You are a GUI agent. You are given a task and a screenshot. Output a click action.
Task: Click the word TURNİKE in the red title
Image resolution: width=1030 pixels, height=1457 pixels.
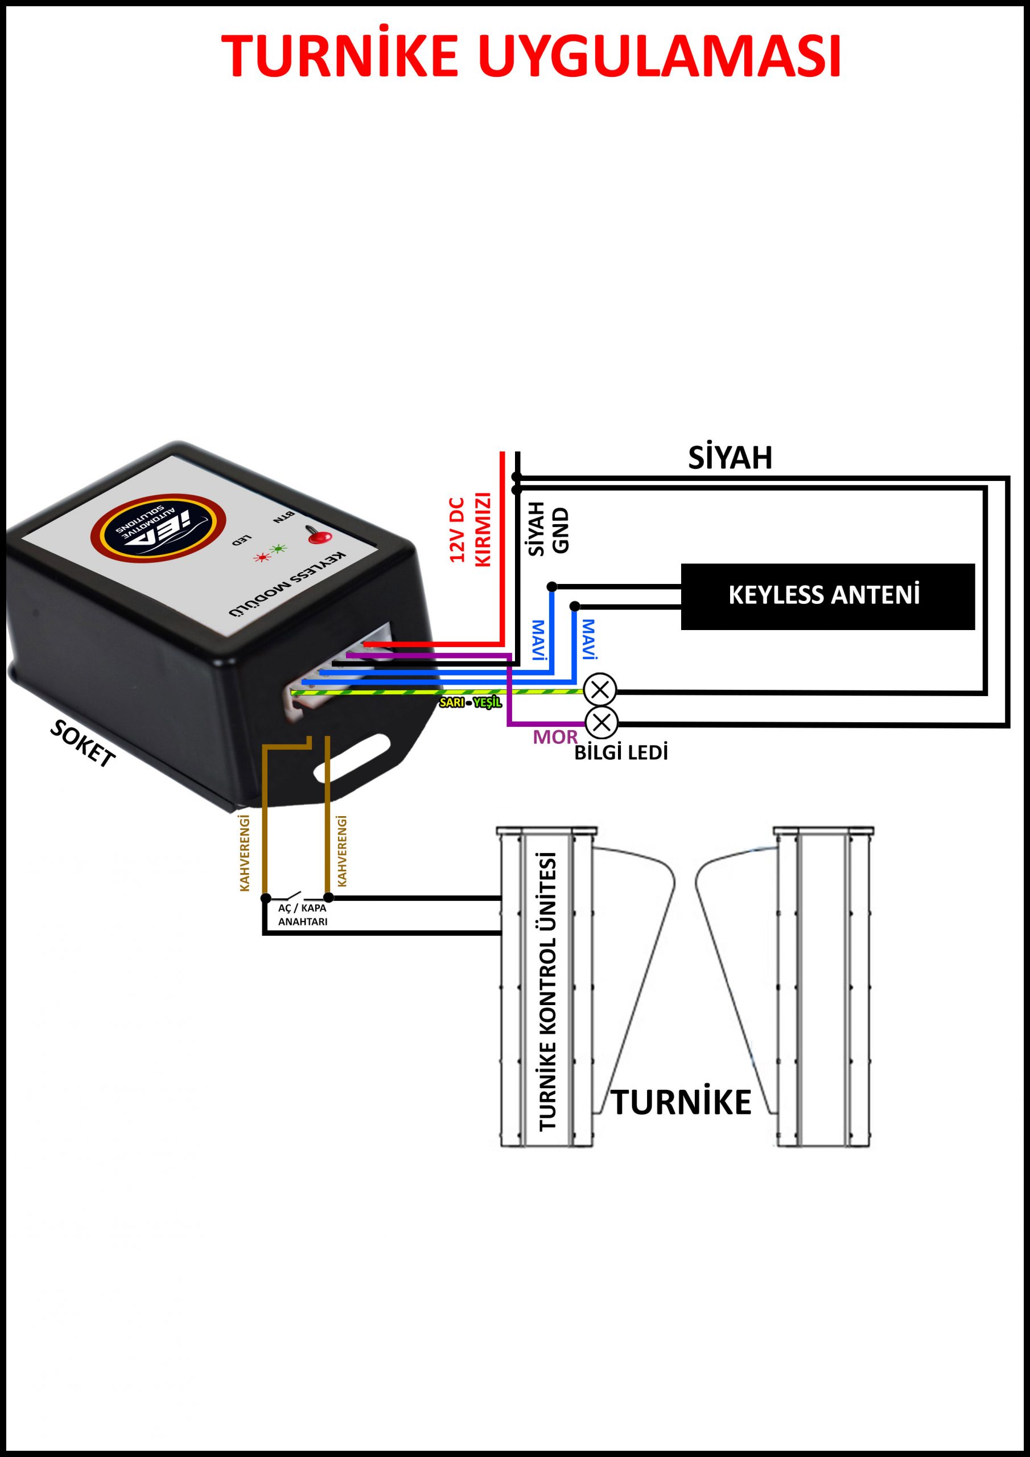point(340,56)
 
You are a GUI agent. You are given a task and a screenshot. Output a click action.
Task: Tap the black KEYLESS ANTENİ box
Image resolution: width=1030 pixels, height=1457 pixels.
point(827,596)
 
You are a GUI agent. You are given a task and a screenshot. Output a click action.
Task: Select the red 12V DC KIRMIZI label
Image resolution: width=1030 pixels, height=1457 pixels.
point(470,529)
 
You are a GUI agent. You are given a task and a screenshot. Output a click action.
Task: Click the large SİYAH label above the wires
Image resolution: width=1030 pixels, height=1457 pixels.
point(730,458)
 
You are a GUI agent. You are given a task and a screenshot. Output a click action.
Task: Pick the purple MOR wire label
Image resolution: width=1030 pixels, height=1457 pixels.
point(555,736)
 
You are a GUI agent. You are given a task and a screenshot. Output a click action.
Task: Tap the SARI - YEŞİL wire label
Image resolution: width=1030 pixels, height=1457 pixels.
point(470,702)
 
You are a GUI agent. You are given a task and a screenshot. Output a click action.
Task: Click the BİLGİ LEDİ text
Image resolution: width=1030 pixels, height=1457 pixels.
point(621,753)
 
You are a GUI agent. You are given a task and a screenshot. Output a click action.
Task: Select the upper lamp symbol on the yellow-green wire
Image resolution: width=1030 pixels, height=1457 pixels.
point(600,689)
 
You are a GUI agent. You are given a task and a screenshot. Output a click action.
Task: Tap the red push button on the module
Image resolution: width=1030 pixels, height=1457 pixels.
point(320,537)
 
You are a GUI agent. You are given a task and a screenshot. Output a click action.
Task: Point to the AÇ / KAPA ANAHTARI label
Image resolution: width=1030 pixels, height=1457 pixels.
point(303,915)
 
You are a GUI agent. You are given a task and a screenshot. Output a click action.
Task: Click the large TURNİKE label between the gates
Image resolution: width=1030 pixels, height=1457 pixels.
point(681,1102)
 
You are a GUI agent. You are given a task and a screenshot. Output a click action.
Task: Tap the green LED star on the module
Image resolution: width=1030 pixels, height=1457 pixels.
point(277,548)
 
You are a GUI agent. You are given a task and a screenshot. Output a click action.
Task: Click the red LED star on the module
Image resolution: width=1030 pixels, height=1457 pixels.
point(261,558)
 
